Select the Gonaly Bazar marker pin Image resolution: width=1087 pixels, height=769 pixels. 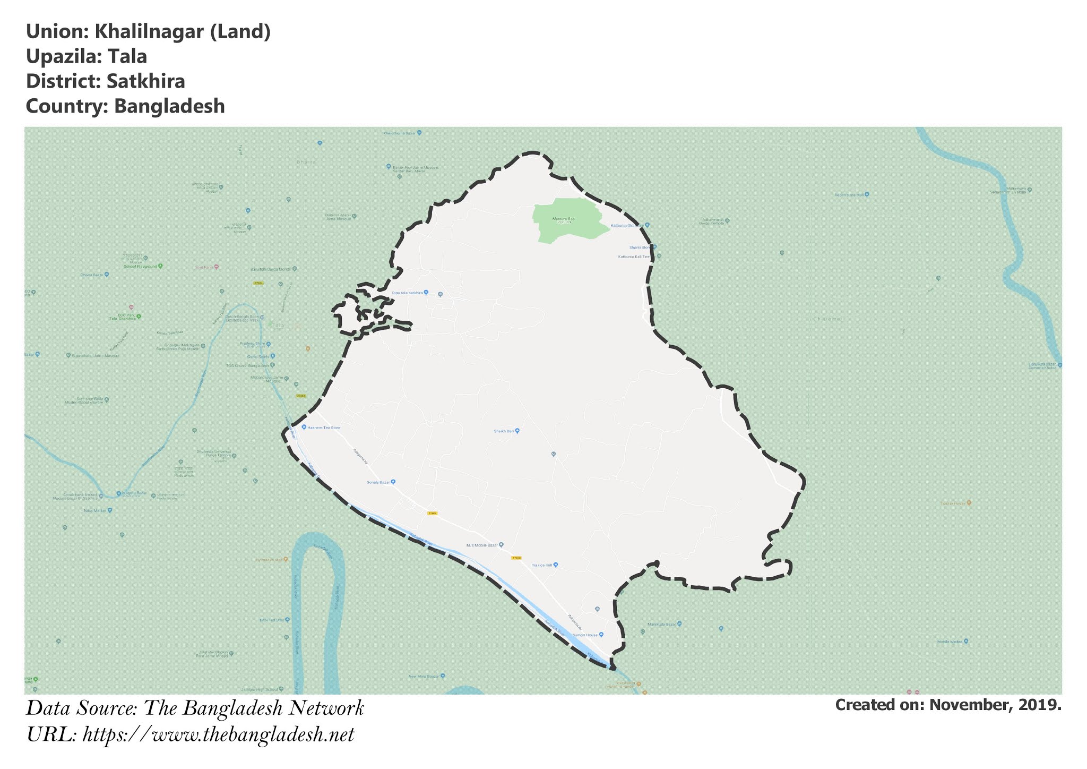(393, 482)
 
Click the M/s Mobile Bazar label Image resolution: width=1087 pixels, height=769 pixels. (482, 545)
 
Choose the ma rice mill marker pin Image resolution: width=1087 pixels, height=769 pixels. (556, 565)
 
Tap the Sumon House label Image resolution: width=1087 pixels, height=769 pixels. (584, 635)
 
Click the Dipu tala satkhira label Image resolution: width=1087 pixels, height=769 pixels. (407, 293)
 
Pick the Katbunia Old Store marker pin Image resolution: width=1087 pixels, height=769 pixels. (648, 225)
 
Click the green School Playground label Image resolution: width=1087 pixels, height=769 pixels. (141, 266)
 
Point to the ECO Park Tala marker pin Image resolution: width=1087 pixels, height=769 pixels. (139, 317)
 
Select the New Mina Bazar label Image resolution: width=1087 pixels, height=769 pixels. (425, 676)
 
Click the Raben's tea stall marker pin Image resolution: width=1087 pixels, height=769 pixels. (867, 194)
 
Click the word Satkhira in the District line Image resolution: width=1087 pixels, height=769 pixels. (145, 81)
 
